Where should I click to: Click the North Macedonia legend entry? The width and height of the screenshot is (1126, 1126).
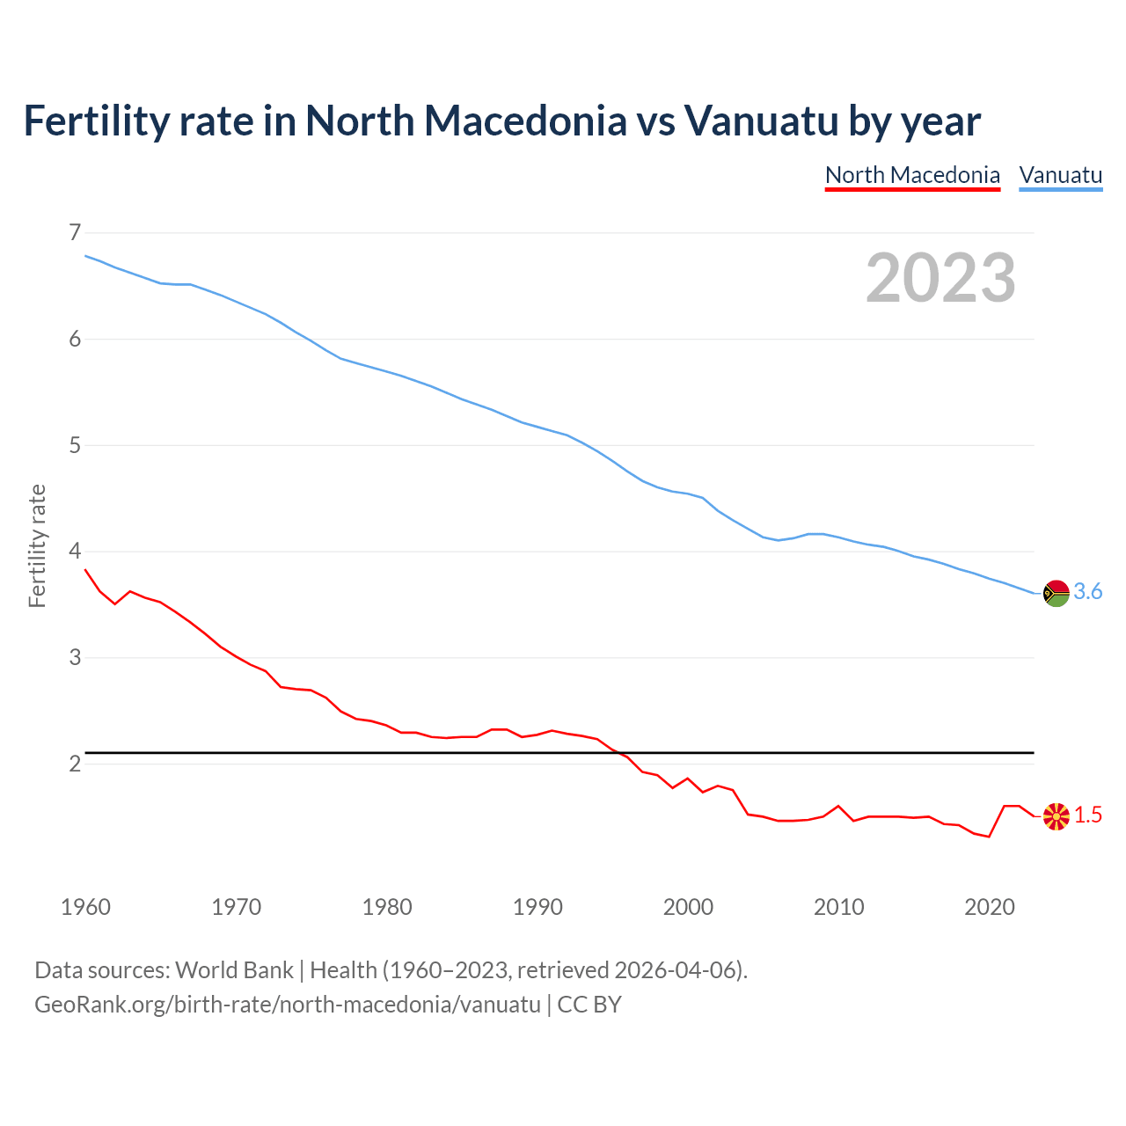912,175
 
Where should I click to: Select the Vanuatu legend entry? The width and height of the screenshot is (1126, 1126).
1060,175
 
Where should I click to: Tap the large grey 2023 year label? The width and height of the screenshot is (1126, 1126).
940,278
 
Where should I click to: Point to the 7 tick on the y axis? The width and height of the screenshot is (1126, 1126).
74,232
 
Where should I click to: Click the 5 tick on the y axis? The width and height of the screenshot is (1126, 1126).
74,445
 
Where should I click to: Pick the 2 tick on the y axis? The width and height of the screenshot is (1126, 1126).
74,764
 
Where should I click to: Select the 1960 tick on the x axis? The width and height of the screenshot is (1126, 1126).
85,907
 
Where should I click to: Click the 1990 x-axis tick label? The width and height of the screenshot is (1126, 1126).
537,907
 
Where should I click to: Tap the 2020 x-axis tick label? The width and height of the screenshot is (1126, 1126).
990,907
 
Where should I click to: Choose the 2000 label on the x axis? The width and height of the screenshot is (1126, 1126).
688,907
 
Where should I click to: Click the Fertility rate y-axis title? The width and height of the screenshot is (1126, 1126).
37,545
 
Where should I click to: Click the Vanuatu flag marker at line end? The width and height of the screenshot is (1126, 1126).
1056,593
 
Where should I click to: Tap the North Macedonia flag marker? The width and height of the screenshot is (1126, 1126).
1056,816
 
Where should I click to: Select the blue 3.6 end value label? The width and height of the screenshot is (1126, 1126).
1088,592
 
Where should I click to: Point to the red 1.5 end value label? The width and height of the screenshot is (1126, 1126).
1088,815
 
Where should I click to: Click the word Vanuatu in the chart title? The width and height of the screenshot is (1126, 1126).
762,121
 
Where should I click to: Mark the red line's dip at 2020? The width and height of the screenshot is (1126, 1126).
989,837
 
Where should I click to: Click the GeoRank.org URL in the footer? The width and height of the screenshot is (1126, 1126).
287,1004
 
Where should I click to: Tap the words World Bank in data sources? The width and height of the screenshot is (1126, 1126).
234,970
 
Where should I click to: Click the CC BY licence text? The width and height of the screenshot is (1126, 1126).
589,1004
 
